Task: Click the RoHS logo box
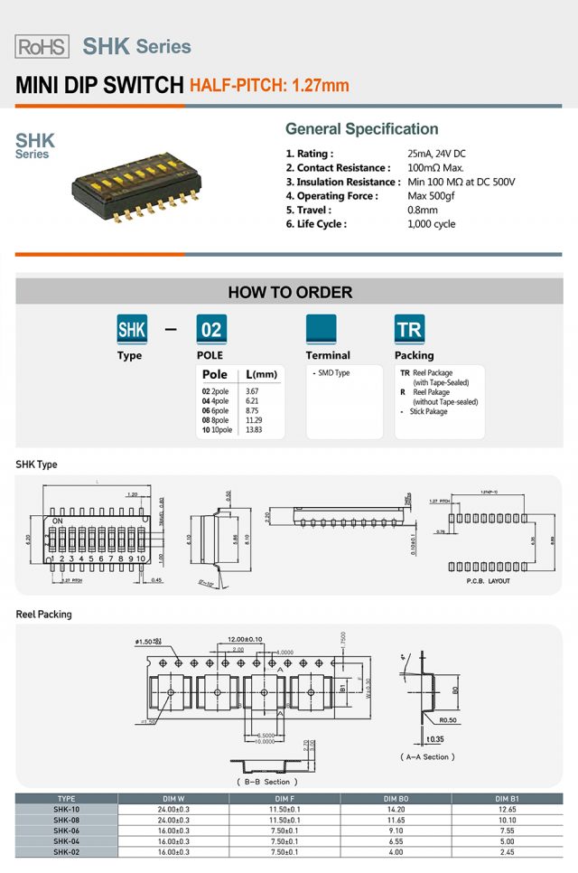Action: [x=42, y=47]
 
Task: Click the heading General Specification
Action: [x=361, y=129]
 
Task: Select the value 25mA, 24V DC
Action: [x=436, y=154]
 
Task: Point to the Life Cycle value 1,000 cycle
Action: [x=432, y=224]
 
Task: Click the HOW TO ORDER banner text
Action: [x=290, y=292]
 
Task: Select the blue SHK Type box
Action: [x=132, y=330]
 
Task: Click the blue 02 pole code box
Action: [x=211, y=330]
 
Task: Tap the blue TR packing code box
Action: [x=409, y=330]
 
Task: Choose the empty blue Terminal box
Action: [x=321, y=330]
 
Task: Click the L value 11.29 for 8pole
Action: [x=253, y=420]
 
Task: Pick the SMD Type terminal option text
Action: [x=332, y=373]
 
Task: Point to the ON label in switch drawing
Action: [x=57, y=521]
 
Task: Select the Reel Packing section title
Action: [x=43, y=615]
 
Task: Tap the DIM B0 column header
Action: [x=395, y=799]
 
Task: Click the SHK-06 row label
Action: [x=66, y=831]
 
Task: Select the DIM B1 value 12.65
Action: [x=507, y=810]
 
